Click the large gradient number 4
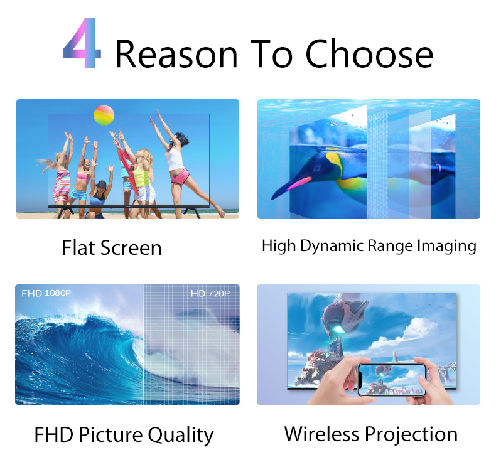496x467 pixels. (x=82, y=45)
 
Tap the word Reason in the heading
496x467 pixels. (x=176, y=54)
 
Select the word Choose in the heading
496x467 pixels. (x=370, y=54)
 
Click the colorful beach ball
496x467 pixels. (x=104, y=115)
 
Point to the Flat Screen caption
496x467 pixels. (x=112, y=248)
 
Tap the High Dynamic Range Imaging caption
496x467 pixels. (x=369, y=245)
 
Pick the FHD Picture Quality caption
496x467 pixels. (x=124, y=434)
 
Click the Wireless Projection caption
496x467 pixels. (x=370, y=434)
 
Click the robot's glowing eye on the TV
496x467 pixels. (x=339, y=326)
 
